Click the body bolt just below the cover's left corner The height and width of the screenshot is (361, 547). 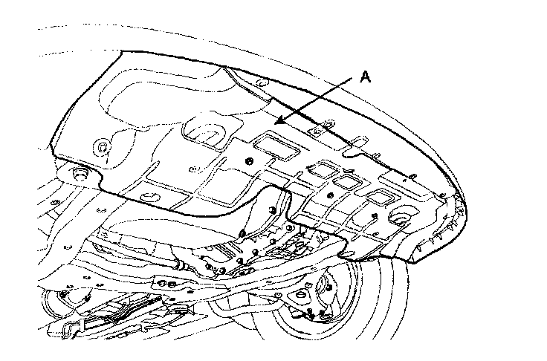pyautogui.click(x=79, y=175)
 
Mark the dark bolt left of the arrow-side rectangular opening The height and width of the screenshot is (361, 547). pyautogui.click(x=248, y=162)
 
